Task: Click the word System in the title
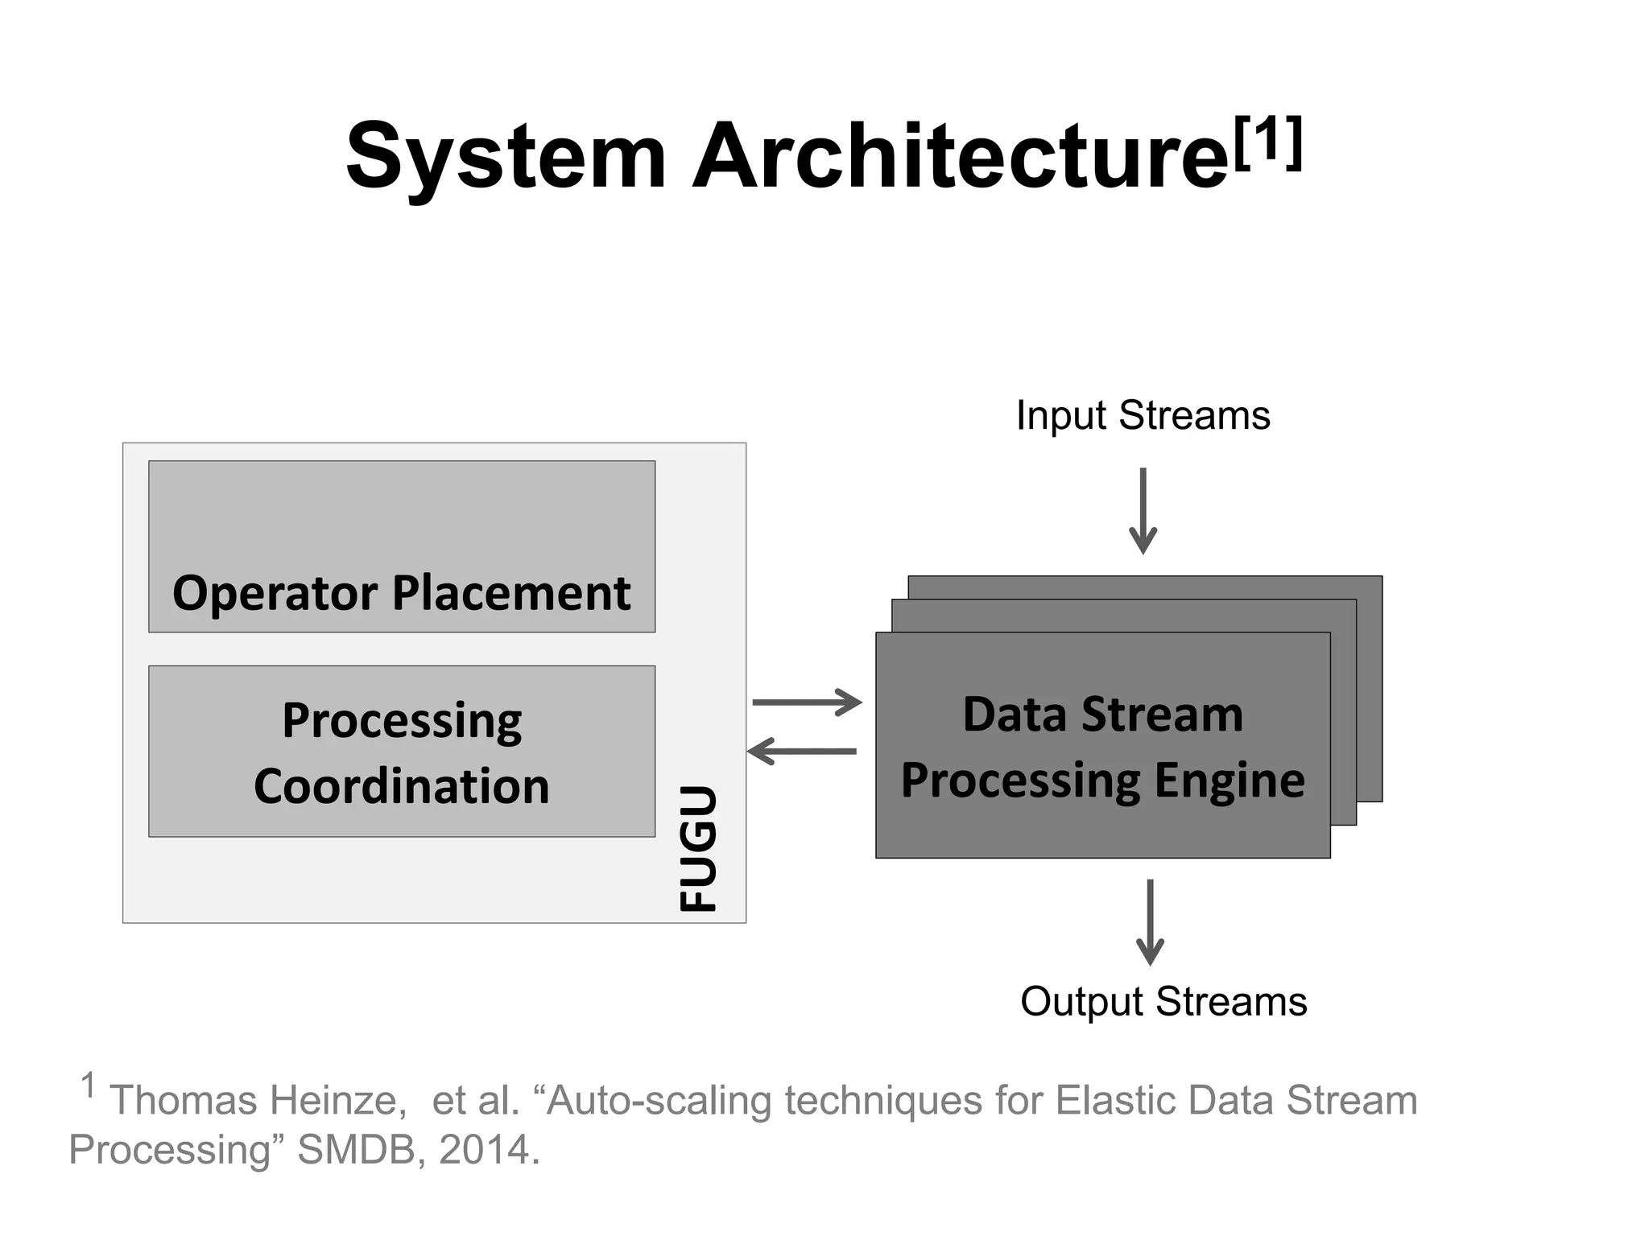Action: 506,157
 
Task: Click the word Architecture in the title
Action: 960,157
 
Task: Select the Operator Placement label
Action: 401,594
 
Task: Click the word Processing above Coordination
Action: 401,720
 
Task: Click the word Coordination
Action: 401,786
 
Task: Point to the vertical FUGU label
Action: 697,848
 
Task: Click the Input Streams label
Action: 1143,416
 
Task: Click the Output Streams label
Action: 1163,1002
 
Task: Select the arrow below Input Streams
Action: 1143,511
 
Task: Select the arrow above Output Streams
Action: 1150,922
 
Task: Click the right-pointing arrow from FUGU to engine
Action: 807,702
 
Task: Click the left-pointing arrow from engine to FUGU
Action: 802,752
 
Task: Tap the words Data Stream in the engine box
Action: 1102,715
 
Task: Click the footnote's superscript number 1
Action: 89,1086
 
